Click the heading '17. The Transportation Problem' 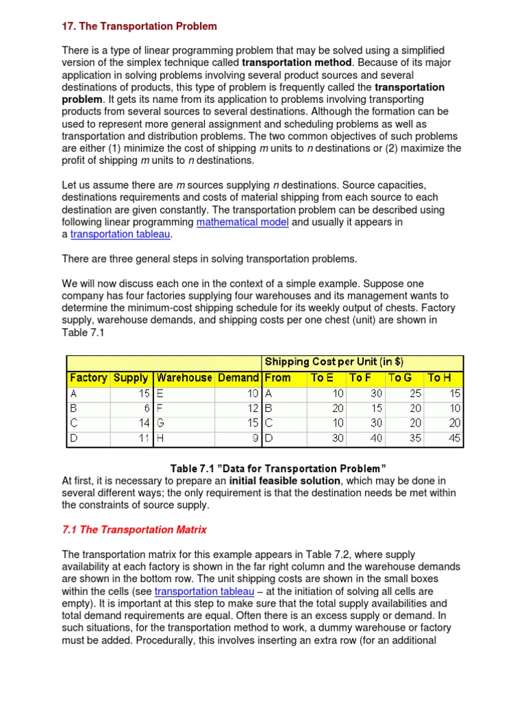click(x=139, y=26)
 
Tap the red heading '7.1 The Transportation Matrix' click(x=134, y=529)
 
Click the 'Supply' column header click(x=131, y=378)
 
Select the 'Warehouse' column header click(x=184, y=378)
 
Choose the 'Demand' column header click(x=238, y=378)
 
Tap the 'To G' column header click(x=401, y=378)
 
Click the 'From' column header click(x=278, y=378)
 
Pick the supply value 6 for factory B click(x=147, y=409)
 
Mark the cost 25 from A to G click(x=415, y=394)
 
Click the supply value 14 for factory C click(x=143, y=424)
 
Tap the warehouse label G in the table click(x=160, y=424)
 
